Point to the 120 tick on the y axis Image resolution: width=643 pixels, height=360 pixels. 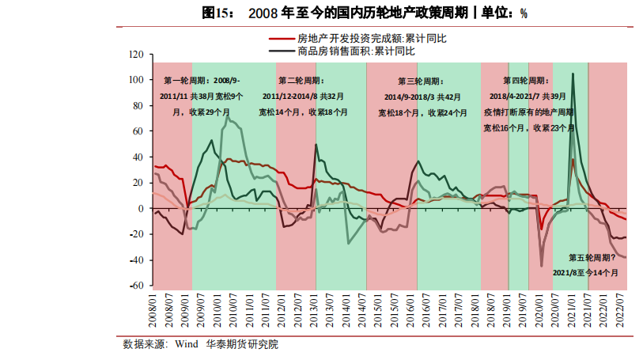135,55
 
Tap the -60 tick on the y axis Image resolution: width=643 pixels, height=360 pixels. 135,286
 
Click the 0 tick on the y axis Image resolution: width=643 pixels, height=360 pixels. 139,209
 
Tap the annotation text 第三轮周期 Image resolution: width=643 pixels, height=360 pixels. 420,81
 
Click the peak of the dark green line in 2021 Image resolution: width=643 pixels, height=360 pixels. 573,74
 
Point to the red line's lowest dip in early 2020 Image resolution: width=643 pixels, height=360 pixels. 542,229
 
